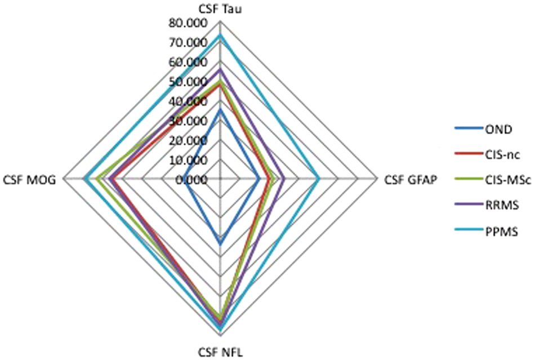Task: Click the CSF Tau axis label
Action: pos(220,10)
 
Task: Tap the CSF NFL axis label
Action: pos(220,352)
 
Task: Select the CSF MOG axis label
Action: pos(29,180)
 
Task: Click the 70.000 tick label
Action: pos(188,43)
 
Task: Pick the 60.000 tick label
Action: pos(188,63)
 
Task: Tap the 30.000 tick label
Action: pos(188,121)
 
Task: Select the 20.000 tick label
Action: pos(188,141)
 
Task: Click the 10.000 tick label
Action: pos(188,160)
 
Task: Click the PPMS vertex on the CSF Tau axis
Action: pos(220,35)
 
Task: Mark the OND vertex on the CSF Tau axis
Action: pos(220,109)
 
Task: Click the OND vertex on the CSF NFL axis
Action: pos(220,244)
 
